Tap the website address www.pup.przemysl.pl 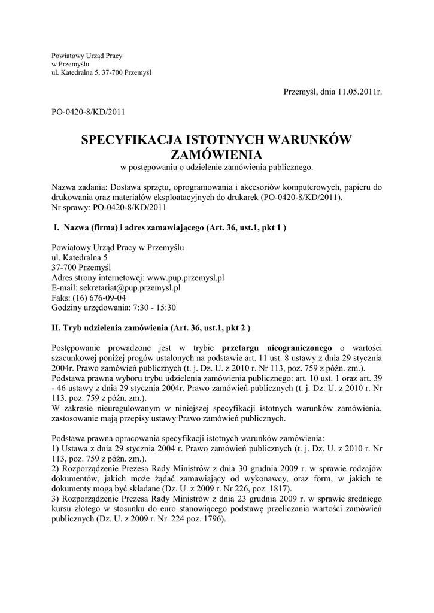click(x=185, y=278)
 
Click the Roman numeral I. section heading click(x=57, y=227)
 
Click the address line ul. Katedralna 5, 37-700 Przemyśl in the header click(x=101, y=72)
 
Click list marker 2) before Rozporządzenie click(x=56, y=467)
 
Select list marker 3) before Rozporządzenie click(x=56, y=498)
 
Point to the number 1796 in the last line click(x=211, y=518)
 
